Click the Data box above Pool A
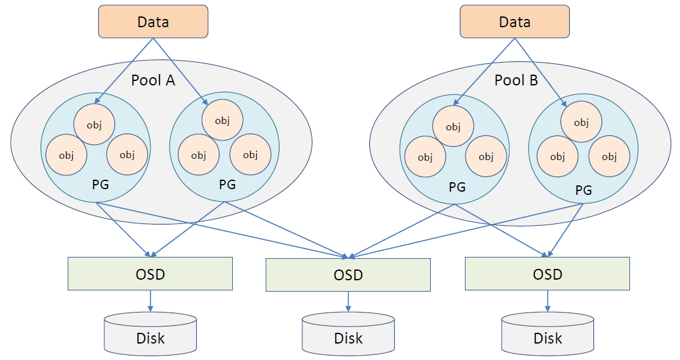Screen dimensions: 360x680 (153, 22)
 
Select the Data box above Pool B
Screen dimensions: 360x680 (514, 22)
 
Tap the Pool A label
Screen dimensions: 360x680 (153, 80)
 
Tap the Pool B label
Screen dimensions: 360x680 (516, 80)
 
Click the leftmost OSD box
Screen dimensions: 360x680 (150, 274)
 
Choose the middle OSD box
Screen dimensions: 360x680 (348, 275)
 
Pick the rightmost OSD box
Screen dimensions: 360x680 (547, 274)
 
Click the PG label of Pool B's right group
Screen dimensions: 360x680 (583, 190)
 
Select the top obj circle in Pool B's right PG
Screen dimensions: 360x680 (581, 123)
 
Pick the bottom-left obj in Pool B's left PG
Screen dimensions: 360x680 (425, 157)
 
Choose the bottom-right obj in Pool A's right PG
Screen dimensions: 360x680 (250, 155)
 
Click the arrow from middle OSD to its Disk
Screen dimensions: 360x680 (348, 302)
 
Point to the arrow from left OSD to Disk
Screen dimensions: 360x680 (150, 301)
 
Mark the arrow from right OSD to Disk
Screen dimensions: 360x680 (547, 301)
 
